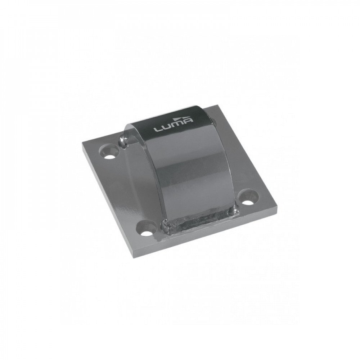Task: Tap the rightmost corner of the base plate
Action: (278, 208)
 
